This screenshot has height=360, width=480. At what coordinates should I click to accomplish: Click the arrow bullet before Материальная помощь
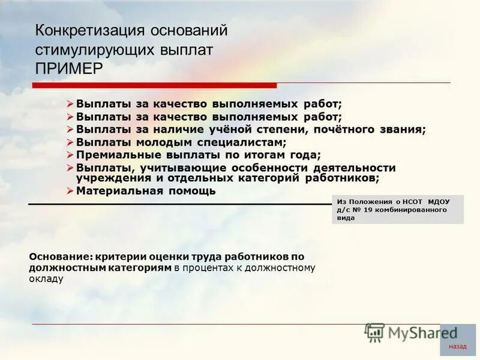click(70, 191)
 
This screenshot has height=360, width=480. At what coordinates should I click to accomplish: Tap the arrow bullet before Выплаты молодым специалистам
click(70, 142)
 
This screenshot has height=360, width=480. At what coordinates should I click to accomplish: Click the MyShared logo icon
click(375, 333)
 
